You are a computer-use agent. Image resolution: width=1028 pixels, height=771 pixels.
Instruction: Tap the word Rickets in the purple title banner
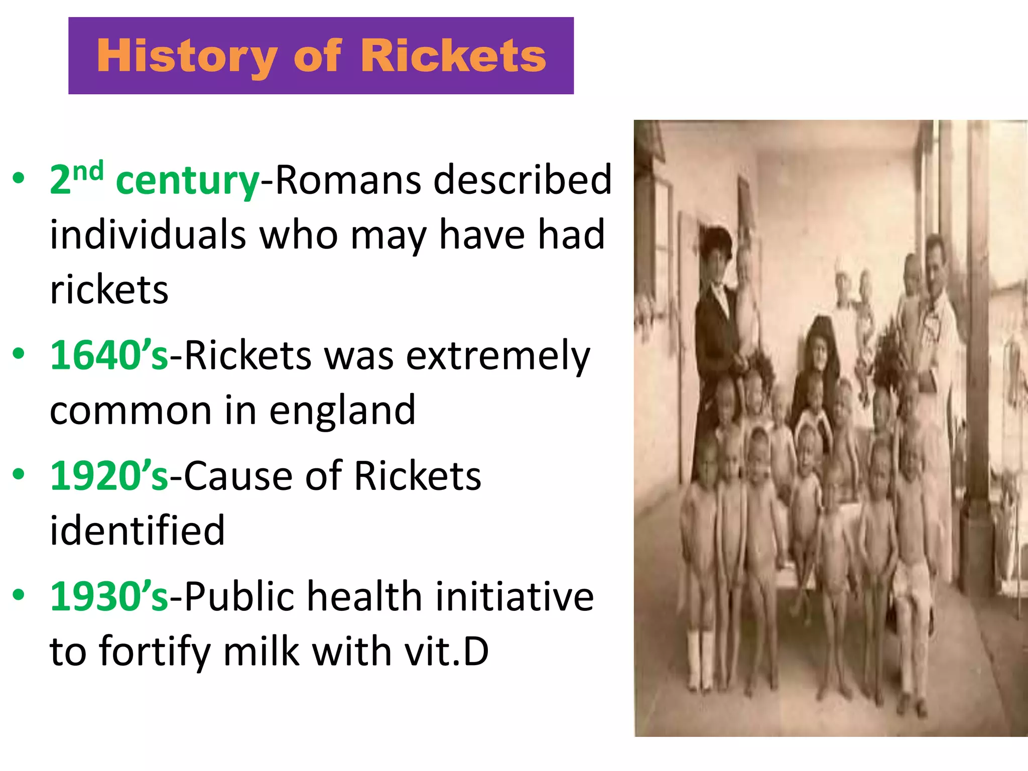pyautogui.click(x=453, y=56)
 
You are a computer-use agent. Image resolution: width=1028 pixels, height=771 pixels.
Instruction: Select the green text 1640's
pyautogui.click(x=109, y=355)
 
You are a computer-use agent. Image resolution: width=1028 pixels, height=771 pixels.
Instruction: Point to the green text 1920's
pyautogui.click(x=109, y=476)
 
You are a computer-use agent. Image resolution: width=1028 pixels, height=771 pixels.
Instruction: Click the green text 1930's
pyautogui.click(x=109, y=596)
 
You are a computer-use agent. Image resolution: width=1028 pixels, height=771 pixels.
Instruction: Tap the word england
pyautogui.click(x=342, y=411)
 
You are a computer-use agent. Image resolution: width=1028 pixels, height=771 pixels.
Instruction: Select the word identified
pyautogui.click(x=137, y=530)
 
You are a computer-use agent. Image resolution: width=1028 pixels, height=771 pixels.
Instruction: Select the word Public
pyautogui.click(x=239, y=596)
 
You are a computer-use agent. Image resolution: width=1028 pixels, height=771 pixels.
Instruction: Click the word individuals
pyautogui.click(x=148, y=235)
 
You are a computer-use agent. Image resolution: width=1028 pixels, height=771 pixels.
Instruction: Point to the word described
pyautogui.click(x=523, y=180)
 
